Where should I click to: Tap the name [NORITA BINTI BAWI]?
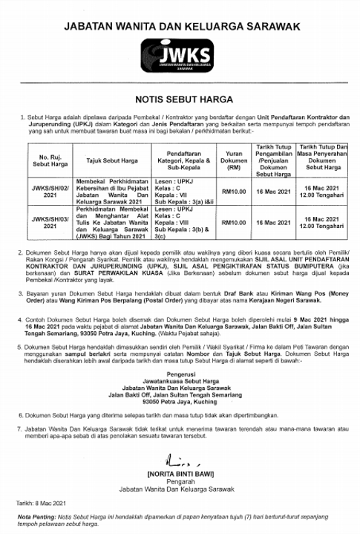point(180,473)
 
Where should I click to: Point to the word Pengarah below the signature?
point(180,481)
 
